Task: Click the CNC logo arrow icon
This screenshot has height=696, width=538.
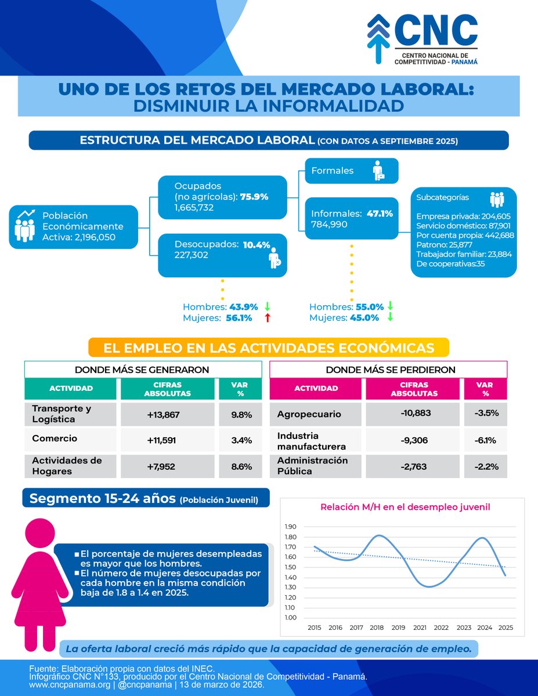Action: (378, 38)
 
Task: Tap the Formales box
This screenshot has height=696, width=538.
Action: (351, 171)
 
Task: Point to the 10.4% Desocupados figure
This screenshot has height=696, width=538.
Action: (257, 245)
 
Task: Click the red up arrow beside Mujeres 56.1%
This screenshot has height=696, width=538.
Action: (268, 318)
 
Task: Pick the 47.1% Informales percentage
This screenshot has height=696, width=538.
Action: (380, 213)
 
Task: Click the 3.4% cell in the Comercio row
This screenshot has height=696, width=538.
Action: (241, 440)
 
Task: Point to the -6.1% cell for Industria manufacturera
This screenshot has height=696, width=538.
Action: (485, 440)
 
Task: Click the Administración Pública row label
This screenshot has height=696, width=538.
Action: (312, 466)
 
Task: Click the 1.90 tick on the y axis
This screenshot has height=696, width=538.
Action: (290, 527)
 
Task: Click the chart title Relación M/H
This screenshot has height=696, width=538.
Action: (405, 507)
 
